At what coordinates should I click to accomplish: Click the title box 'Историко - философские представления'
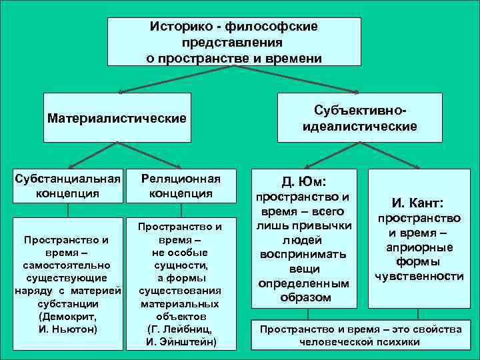tap(234, 41)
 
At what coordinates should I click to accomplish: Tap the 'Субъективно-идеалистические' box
tap(360, 117)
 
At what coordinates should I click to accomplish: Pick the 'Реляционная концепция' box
tap(181, 185)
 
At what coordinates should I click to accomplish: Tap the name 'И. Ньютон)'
tap(68, 329)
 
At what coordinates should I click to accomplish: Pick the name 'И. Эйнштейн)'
tap(181, 343)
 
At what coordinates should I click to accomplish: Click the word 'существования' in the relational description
tap(181, 291)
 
